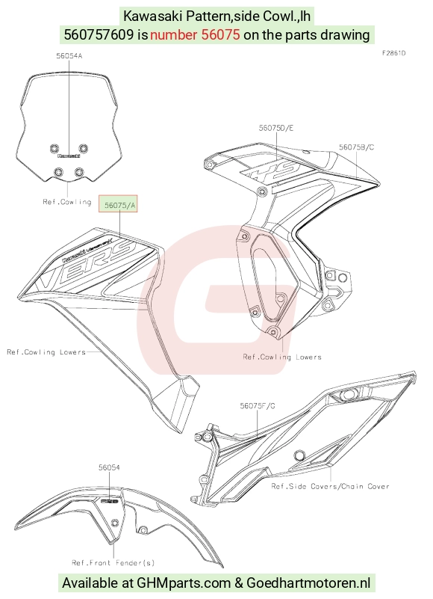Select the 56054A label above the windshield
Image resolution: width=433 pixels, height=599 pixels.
(x=69, y=56)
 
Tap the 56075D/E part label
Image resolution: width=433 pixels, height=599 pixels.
(x=276, y=128)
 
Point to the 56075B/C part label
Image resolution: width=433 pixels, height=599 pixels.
(x=357, y=147)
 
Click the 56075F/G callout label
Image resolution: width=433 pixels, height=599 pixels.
(x=258, y=406)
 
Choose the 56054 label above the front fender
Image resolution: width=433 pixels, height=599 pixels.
(x=109, y=467)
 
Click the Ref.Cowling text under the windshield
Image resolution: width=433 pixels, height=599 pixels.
(x=67, y=202)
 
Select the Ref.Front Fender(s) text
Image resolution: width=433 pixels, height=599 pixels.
(x=113, y=562)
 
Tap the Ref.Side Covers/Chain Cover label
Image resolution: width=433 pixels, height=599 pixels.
(x=331, y=486)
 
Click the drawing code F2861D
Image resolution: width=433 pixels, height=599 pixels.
(x=393, y=53)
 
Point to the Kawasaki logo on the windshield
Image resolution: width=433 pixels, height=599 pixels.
(x=69, y=156)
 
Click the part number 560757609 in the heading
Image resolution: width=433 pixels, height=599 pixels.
(x=99, y=34)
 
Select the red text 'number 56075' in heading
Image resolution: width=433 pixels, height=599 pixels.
(x=195, y=34)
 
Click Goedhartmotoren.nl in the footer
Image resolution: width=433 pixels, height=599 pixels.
(x=308, y=583)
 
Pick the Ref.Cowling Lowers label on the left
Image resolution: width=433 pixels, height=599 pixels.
(x=46, y=351)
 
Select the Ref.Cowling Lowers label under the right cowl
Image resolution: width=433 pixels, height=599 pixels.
(x=282, y=357)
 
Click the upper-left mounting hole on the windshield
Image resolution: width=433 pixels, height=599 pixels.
(x=54, y=148)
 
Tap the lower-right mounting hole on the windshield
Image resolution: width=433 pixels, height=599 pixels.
(x=79, y=172)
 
